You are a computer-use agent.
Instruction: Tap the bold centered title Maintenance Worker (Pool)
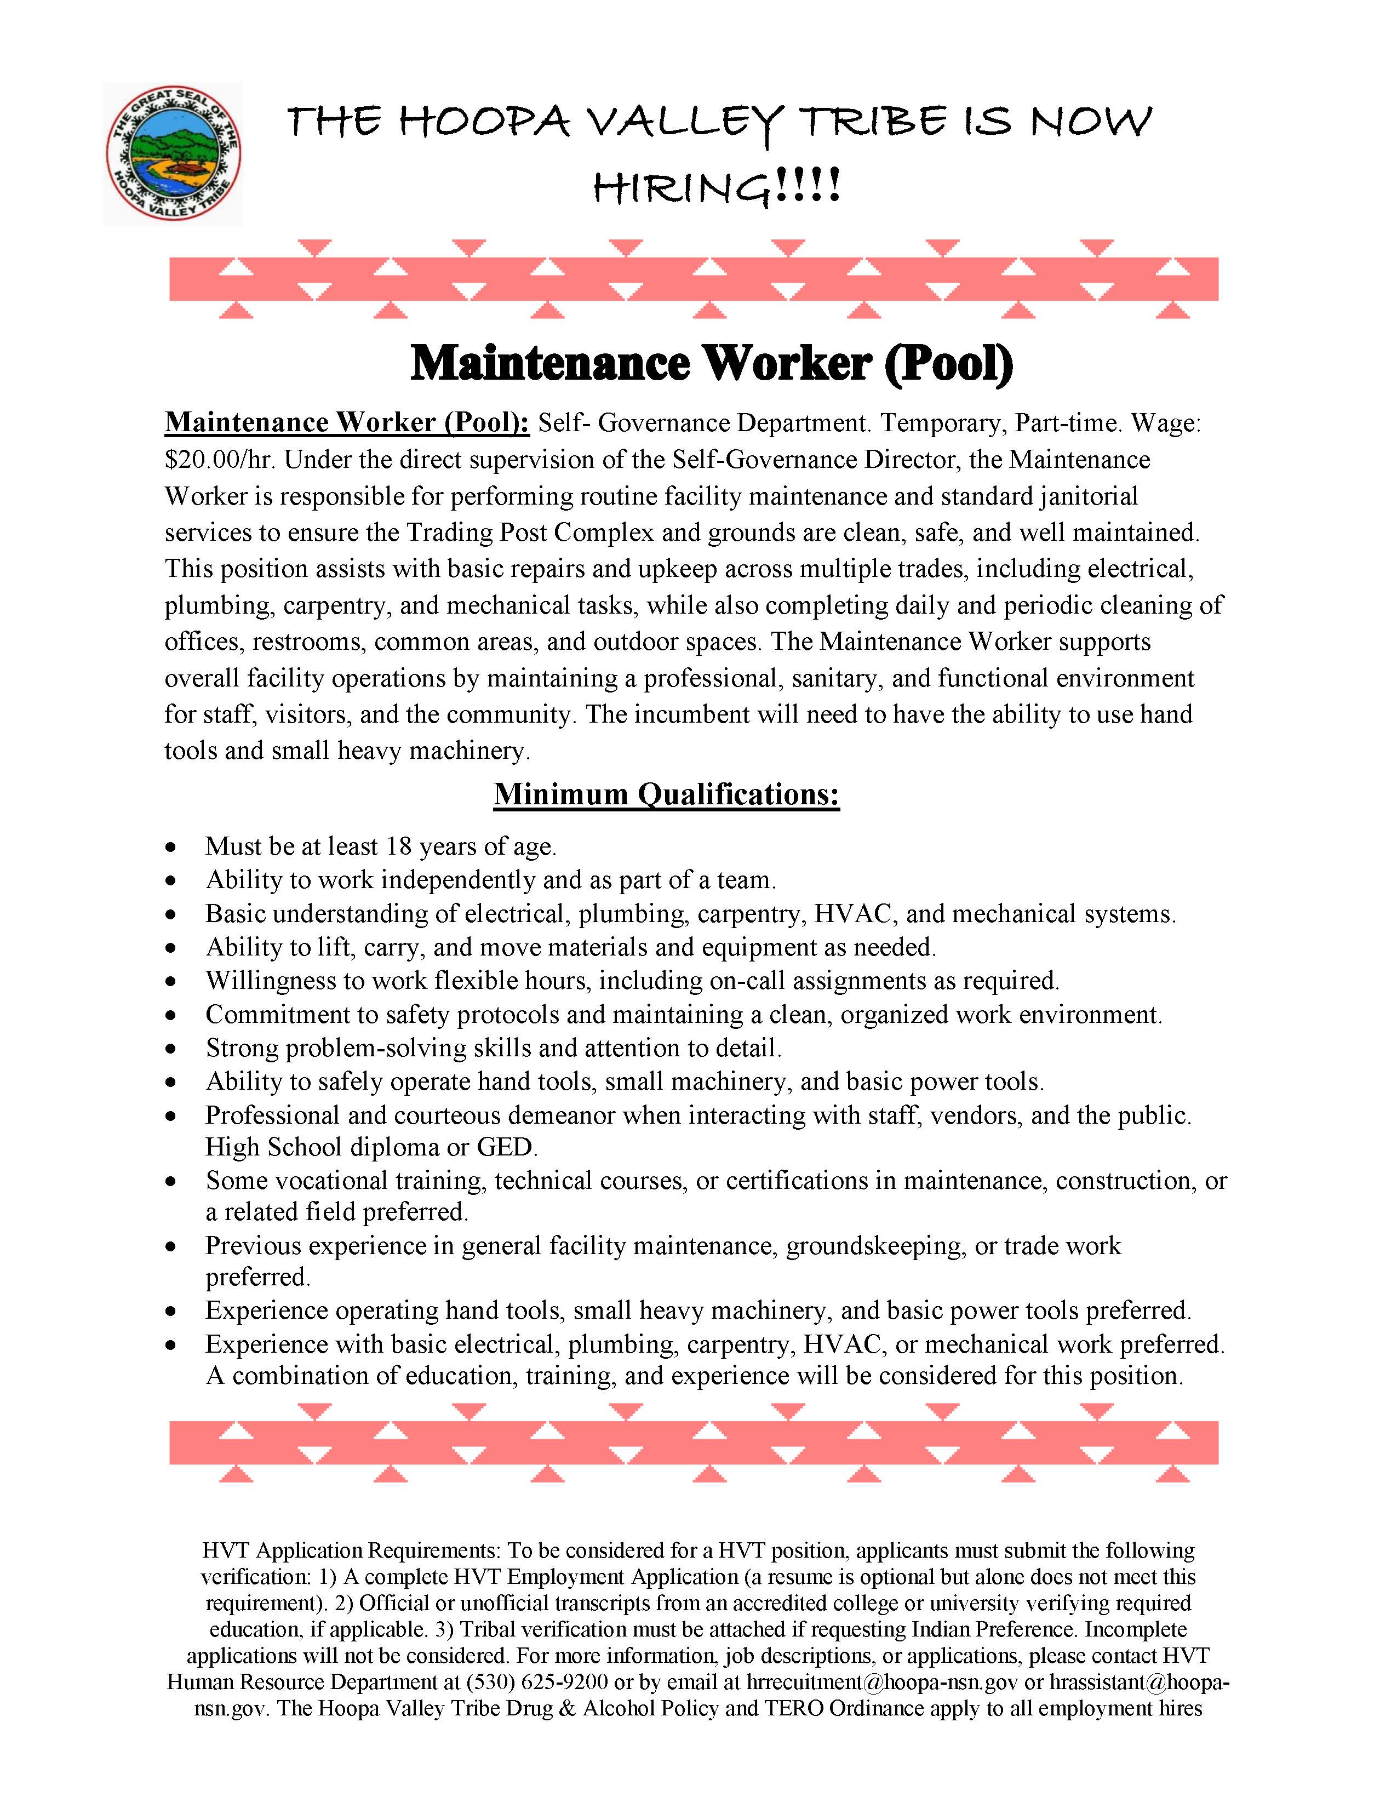712,363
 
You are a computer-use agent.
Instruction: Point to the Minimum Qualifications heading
666,794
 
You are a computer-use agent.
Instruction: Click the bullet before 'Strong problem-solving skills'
171,1050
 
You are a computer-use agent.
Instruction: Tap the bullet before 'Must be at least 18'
171,848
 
